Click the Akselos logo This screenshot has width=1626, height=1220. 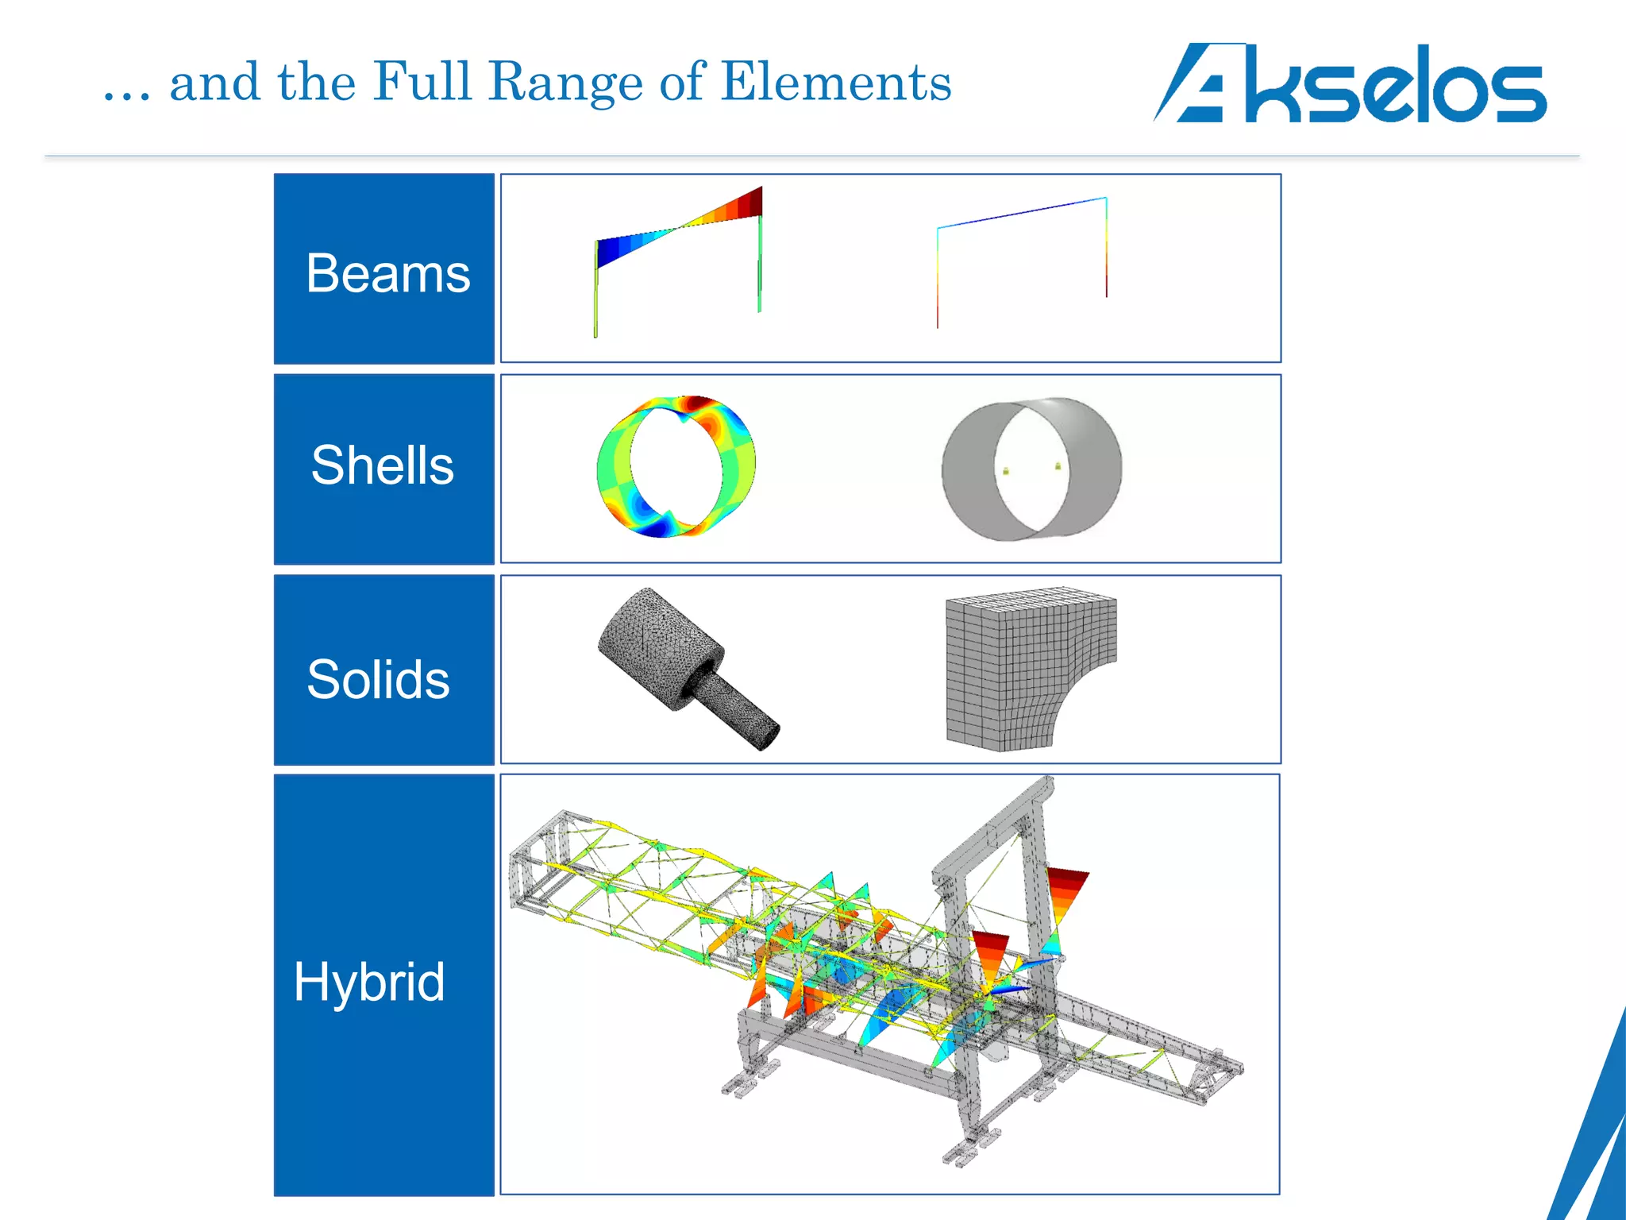(x=1350, y=83)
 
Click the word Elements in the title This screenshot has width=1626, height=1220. (x=836, y=82)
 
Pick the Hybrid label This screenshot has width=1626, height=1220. (x=369, y=982)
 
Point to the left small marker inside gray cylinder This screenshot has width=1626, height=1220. (x=1006, y=471)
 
